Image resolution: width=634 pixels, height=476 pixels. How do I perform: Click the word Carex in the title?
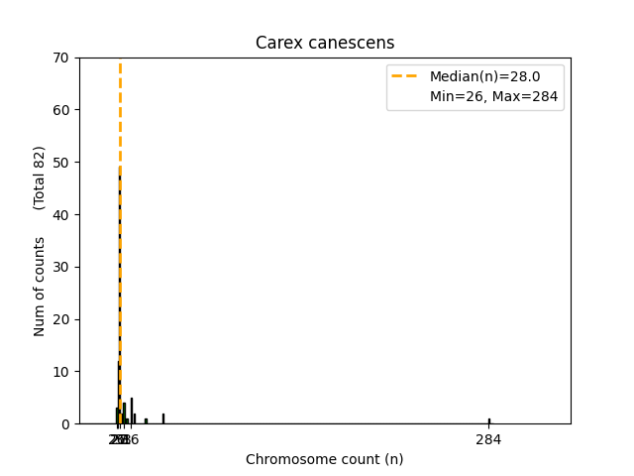275,43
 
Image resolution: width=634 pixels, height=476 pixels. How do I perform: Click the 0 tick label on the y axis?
65,424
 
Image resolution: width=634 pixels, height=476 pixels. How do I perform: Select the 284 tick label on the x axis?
488,439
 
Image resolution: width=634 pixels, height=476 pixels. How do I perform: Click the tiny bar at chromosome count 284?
488,420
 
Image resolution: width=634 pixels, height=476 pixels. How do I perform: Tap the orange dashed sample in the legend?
404,76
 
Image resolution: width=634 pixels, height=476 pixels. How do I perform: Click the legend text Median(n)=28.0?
483,76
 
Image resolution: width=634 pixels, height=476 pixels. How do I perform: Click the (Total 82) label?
40,178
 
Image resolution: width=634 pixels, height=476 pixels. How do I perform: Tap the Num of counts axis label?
40,287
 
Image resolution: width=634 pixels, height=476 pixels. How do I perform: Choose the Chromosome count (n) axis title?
324,459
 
